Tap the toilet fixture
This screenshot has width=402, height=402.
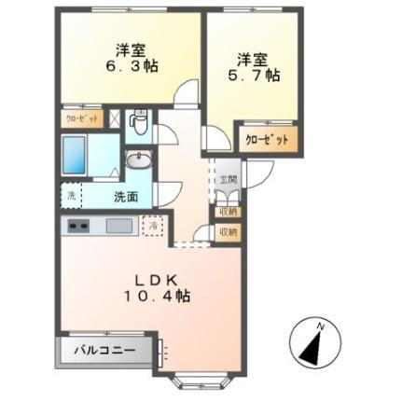pos(138,121)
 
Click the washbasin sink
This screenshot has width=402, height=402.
pos(138,161)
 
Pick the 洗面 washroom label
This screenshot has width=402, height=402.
pos(125,197)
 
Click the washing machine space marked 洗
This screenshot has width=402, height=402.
pos(71,196)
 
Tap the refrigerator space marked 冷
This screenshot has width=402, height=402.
pos(155,225)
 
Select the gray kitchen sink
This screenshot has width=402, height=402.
pos(118,226)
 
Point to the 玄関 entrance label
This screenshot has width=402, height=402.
pos(228,179)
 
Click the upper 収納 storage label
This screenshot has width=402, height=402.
pos(228,212)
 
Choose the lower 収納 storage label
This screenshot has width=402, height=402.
pos(228,231)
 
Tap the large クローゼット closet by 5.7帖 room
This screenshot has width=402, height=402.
pos(265,138)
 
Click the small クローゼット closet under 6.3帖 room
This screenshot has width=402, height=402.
pos(81,119)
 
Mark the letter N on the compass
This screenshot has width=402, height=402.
pos(320,326)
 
